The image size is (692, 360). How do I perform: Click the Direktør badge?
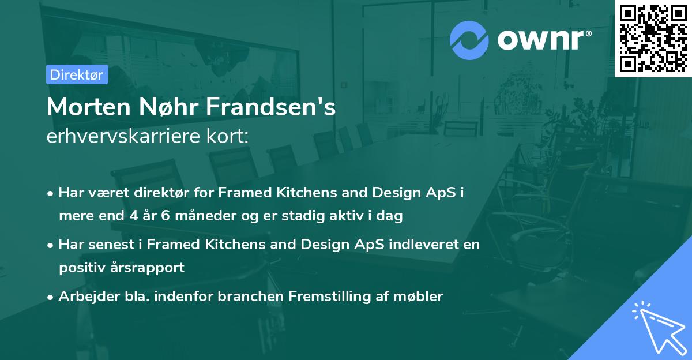coord(77,74)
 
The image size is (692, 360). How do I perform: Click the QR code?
coord(653,39)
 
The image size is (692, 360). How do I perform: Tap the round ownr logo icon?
coord(469,40)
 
